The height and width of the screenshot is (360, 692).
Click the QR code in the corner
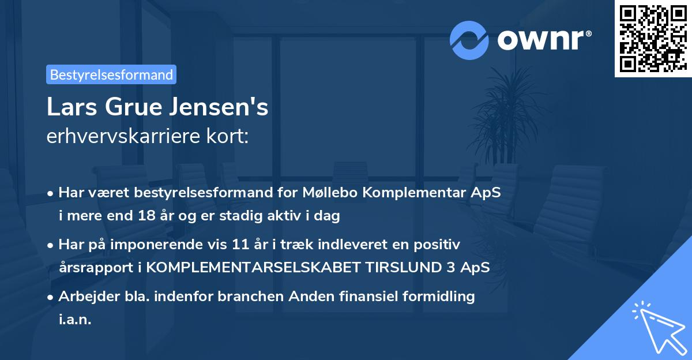(x=653, y=39)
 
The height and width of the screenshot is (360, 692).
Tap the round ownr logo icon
(x=469, y=40)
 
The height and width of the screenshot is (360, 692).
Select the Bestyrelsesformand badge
(x=111, y=74)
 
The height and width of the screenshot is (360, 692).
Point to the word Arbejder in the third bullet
(x=84, y=297)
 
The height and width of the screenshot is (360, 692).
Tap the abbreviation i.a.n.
(x=75, y=320)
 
